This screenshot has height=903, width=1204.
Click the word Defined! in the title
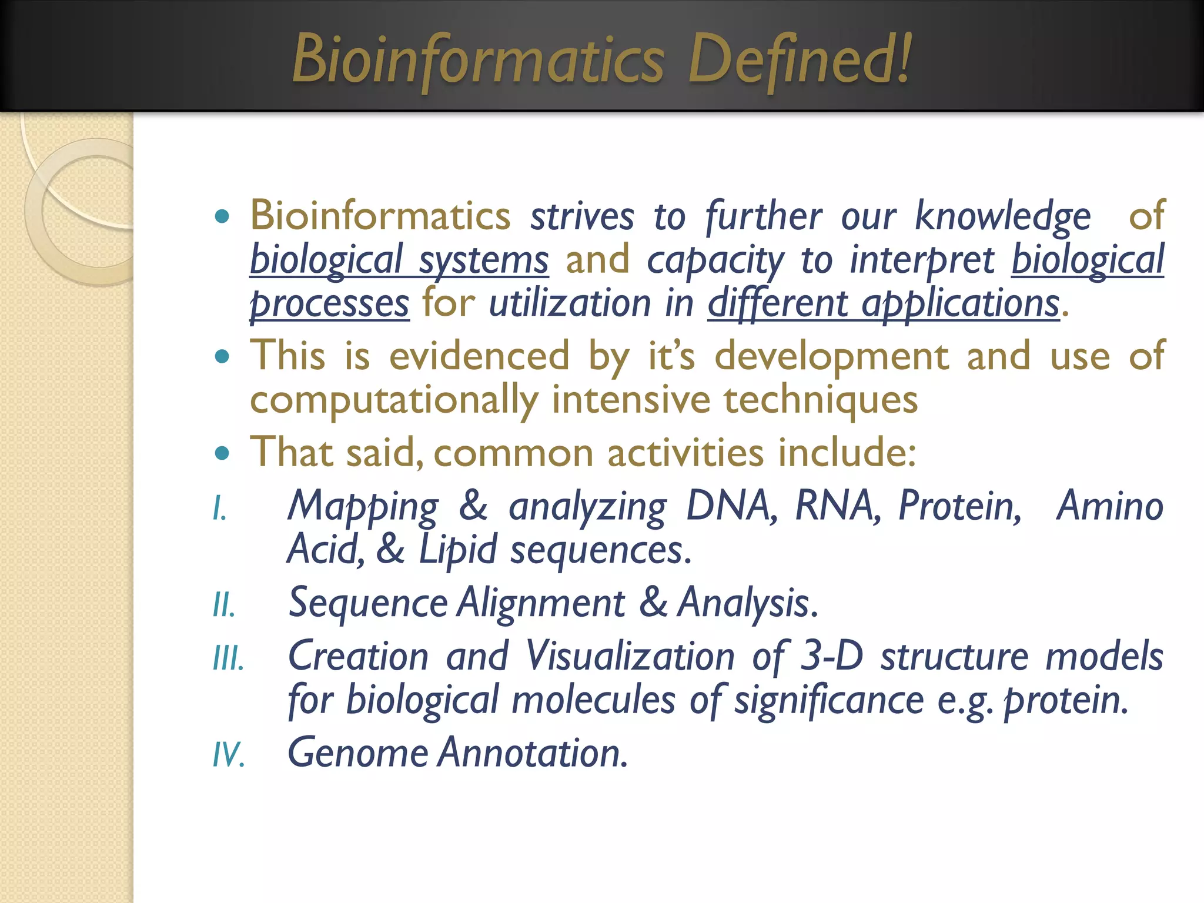click(x=800, y=59)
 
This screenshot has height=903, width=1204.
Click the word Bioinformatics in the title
click(x=478, y=59)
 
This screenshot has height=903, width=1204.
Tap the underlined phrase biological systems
click(x=399, y=260)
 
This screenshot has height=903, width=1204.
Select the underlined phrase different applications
click(x=883, y=304)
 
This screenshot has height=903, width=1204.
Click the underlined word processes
click(x=329, y=304)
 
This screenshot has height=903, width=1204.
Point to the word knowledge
click(x=1002, y=216)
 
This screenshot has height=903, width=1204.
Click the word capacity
click(x=715, y=260)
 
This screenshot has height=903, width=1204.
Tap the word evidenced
click(x=479, y=356)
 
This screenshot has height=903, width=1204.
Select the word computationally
click(x=393, y=400)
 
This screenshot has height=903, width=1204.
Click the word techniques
click(x=820, y=400)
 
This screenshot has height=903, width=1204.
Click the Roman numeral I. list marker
click(x=219, y=508)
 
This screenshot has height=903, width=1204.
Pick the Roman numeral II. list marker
click(x=224, y=605)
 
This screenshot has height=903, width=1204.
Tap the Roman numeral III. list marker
click(x=228, y=658)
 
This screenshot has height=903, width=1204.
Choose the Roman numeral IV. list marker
click(x=228, y=754)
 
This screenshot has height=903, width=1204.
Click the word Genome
click(x=357, y=752)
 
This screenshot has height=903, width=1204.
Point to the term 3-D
click(x=832, y=656)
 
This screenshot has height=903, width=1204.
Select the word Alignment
click(x=541, y=603)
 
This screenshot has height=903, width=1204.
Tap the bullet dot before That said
click(x=222, y=453)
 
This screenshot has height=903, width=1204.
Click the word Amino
click(x=1109, y=506)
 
